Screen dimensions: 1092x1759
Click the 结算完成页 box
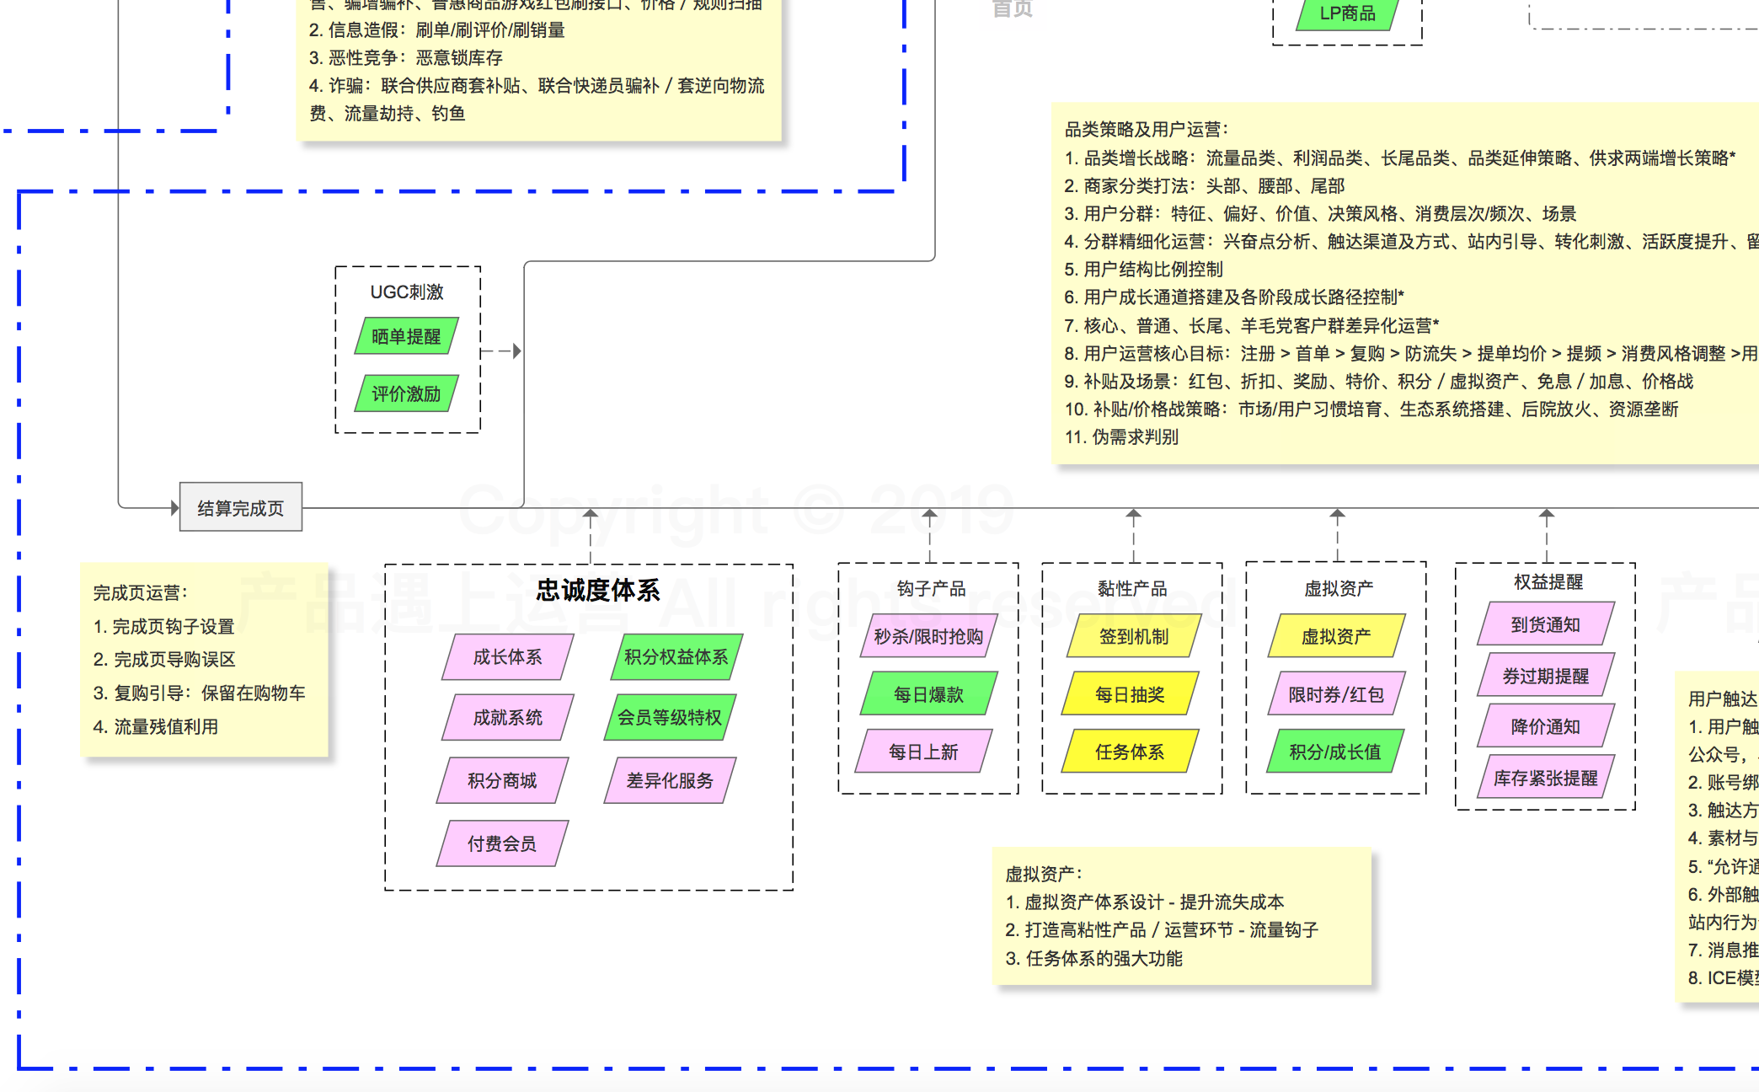coord(241,507)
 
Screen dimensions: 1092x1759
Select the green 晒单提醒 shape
coord(406,336)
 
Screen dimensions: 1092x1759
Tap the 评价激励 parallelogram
coord(406,393)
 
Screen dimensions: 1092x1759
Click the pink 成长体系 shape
coord(507,656)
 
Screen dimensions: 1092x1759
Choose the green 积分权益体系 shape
coord(676,656)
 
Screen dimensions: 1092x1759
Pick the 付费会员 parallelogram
coord(502,843)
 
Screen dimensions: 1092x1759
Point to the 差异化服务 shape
coord(670,780)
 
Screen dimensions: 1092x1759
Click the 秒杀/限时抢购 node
coord(928,636)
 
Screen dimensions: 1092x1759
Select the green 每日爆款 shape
coord(928,693)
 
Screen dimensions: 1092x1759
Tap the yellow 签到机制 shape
coord(1133,636)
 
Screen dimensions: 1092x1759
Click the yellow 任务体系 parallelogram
coord(1130,751)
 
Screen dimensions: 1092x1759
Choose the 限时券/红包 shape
coord(1336,693)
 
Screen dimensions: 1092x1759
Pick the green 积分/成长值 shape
coord(1335,751)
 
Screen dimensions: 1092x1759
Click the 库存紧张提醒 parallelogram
coord(1545,777)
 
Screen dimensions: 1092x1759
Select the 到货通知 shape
coord(1545,624)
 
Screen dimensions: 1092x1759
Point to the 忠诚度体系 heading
coord(598,590)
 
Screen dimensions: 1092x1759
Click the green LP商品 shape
coord(1347,14)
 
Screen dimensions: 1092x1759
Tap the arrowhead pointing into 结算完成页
coord(174,507)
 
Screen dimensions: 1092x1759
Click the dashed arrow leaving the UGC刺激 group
coord(502,351)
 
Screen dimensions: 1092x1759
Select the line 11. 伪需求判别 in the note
coord(1121,436)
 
